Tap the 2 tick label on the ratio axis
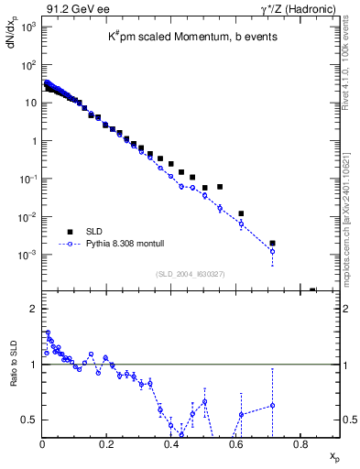point(32,309)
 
